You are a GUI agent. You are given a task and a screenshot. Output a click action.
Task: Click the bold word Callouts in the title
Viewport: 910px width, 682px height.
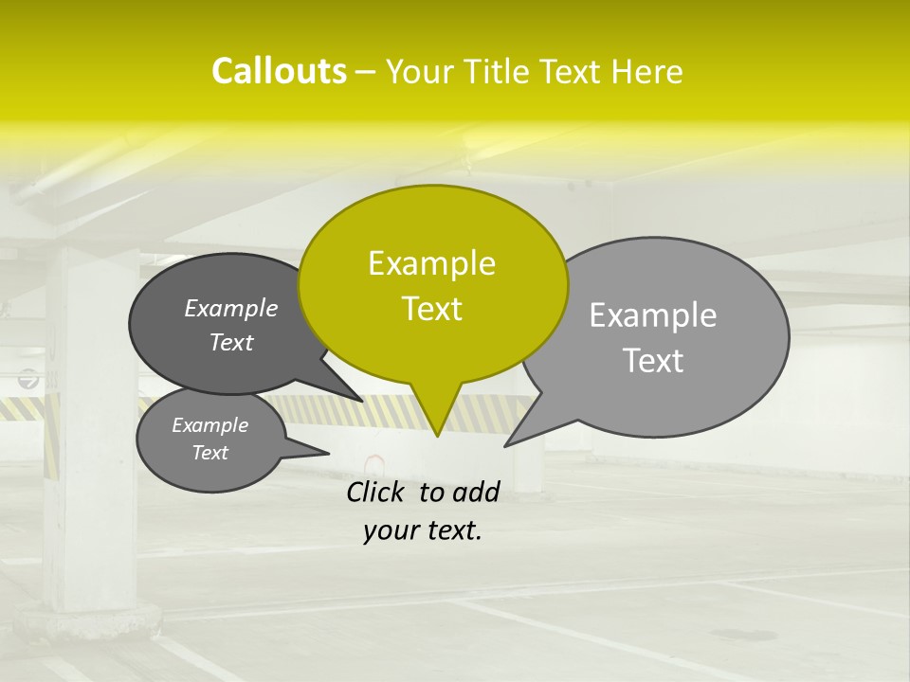pyautogui.click(x=279, y=71)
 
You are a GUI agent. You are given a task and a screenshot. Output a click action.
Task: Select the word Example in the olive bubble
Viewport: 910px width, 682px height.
pyautogui.click(x=431, y=263)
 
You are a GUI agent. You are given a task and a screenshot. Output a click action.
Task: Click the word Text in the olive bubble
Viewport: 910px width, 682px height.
pyautogui.click(x=431, y=309)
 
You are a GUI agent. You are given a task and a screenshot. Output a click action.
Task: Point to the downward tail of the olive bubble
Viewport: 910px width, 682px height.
pyautogui.click(x=437, y=422)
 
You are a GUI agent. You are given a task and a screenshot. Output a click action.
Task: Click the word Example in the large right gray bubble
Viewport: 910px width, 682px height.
pyautogui.click(x=653, y=315)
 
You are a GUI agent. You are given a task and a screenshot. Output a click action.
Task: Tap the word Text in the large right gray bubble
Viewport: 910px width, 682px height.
pyautogui.click(x=653, y=361)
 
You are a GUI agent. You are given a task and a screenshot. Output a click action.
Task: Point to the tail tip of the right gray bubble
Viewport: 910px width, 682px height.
pyautogui.click(x=509, y=443)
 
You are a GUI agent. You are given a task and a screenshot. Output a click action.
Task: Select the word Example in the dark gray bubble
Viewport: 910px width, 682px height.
pyautogui.click(x=230, y=308)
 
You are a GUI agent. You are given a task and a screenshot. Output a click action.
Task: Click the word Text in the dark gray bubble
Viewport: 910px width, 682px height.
pyautogui.click(x=230, y=342)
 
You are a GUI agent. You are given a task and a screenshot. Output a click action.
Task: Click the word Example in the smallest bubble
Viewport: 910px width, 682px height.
pyautogui.click(x=209, y=425)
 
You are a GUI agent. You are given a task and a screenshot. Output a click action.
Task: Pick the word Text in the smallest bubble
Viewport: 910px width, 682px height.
pyautogui.click(x=209, y=453)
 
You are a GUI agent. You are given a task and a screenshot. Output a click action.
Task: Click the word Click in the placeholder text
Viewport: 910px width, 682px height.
pyautogui.click(x=376, y=492)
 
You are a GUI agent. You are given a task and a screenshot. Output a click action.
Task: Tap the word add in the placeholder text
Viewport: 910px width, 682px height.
pyautogui.click(x=476, y=492)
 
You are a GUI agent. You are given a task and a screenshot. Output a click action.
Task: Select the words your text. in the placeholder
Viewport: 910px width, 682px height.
pyautogui.click(x=422, y=530)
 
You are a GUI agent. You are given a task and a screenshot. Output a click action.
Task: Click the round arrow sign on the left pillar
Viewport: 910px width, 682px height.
pyautogui.click(x=28, y=380)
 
